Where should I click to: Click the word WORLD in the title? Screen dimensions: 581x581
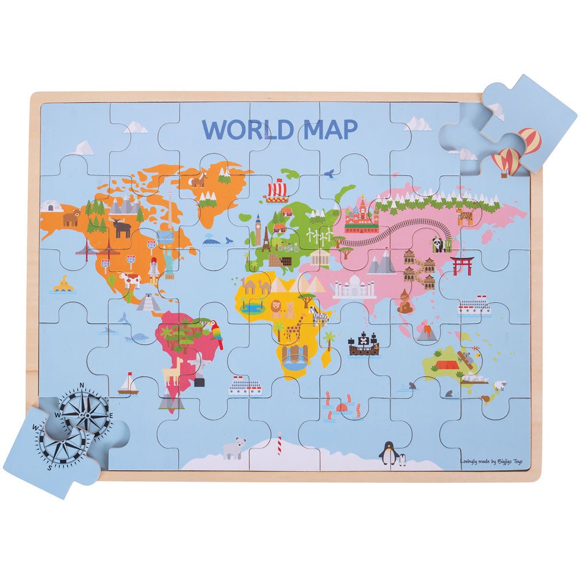coord(246,130)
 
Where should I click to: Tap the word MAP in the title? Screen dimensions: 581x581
coord(328,130)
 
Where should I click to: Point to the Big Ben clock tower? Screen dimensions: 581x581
coord(257,230)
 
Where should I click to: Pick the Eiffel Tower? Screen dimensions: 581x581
coord(266,239)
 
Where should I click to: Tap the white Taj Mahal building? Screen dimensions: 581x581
coord(354,286)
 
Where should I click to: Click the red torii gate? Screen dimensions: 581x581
coord(462,265)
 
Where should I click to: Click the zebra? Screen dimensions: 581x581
coord(318,314)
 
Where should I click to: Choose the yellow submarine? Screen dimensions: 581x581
coord(63,285)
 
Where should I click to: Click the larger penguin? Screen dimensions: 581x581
coord(388,453)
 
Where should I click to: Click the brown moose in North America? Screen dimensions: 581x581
coord(123,228)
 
